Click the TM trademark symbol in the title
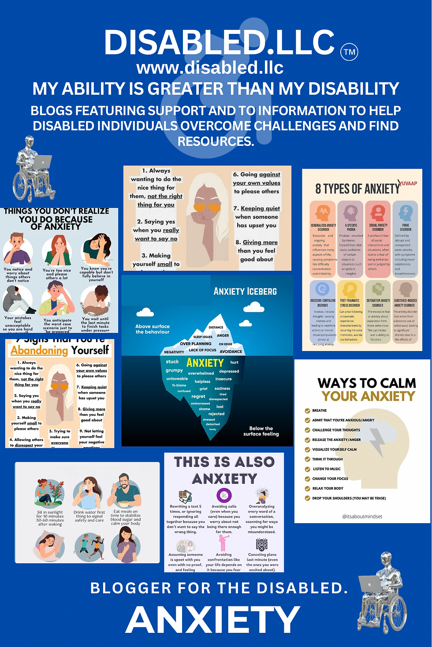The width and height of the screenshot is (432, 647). click(x=349, y=52)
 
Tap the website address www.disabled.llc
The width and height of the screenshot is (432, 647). click(x=210, y=68)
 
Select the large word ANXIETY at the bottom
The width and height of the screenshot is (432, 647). click(x=213, y=620)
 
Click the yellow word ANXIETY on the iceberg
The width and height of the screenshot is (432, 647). click(x=205, y=363)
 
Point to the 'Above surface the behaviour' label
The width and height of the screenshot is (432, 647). click(x=152, y=329)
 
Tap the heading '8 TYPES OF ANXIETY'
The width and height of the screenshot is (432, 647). click(x=357, y=189)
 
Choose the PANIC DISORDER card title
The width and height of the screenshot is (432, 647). click(x=406, y=227)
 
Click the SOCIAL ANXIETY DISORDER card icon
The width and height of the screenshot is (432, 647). click(x=378, y=213)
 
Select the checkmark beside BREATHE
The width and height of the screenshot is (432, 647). click(x=307, y=410)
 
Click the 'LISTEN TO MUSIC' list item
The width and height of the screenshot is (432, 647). click(x=327, y=469)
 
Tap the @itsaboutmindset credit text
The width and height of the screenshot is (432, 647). click(x=362, y=517)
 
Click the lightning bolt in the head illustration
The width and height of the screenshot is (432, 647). click(x=377, y=441)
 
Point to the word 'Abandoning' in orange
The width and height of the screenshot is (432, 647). click(x=40, y=351)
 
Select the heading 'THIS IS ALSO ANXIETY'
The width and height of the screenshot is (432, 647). click(x=224, y=470)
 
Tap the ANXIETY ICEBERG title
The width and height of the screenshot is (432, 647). click(x=245, y=292)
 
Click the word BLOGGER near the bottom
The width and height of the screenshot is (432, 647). click(x=131, y=588)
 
